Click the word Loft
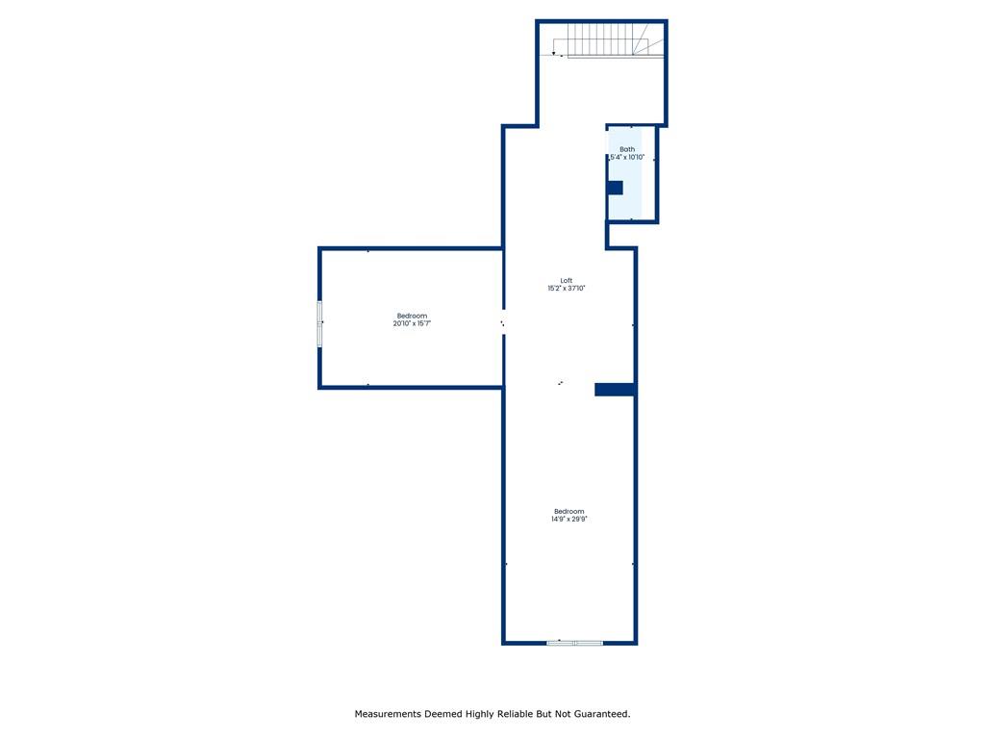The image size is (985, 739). tap(566, 281)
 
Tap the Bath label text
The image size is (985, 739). tap(627, 149)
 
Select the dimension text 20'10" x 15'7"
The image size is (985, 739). tap(412, 323)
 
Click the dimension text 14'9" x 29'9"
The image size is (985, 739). tap(569, 519)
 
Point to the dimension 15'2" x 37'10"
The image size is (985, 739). tap(566, 289)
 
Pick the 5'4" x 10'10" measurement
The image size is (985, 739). tap(627, 157)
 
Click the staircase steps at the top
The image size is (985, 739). tap(600, 39)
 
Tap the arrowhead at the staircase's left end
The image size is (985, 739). tap(553, 54)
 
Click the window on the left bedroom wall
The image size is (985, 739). tap(319, 323)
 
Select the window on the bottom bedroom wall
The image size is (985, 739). tap(575, 642)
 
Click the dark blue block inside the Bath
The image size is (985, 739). tap(615, 188)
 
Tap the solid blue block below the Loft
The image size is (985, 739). tap(615, 390)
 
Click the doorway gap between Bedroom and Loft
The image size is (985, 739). tap(503, 322)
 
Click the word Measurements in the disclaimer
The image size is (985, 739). tap(388, 714)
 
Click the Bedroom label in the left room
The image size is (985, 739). tap(412, 316)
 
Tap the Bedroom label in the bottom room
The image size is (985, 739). tap(569, 512)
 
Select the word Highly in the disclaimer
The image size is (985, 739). tap(479, 715)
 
